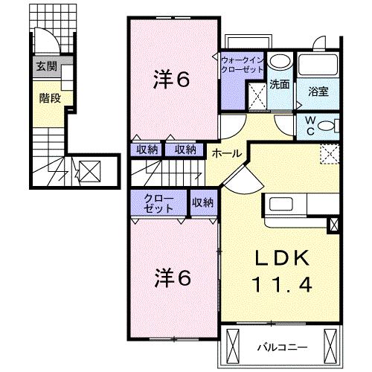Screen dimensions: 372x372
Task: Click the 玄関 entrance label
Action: (x=47, y=66)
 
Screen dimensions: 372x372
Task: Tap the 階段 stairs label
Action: (x=50, y=98)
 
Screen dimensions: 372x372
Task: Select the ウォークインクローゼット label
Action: (x=242, y=65)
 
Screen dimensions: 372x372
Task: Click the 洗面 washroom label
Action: (x=280, y=84)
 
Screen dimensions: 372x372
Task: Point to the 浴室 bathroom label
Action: (x=318, y=92)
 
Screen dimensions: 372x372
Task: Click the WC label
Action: (x=311, y=126)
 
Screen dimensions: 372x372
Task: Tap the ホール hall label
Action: (x=227, y=153)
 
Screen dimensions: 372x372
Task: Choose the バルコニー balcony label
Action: (x=282, y=347)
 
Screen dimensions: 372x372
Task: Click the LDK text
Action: (x=283, y=258)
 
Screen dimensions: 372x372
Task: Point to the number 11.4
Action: (x=282, y=285)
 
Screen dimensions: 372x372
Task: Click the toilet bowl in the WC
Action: (x=326, y=126)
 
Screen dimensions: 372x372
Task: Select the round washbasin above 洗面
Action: (x=280, y=61)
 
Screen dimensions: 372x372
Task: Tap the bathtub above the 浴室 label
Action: (x=318, y=65)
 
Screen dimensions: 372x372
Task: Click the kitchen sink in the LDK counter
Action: (x=280, y=205)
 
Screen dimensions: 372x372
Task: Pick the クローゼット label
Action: (x=158, y=204)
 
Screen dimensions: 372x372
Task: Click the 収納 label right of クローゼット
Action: (x=202, y=202)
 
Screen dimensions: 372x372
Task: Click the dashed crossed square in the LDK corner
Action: (x=330, y=154)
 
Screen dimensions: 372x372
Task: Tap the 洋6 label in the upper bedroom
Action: (x=172, y=80)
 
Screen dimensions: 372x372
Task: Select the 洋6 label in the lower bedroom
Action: (x=173, y=278)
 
